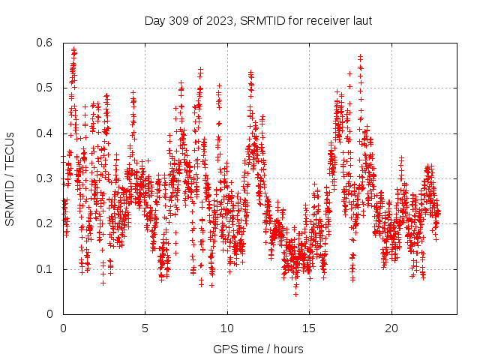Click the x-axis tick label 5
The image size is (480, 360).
pyautogui.click(x=145, y=328)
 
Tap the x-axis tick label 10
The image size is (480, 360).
pyautogui.click(x=226, y=328)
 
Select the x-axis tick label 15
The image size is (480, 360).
pyautogui.click(x=308, y=328)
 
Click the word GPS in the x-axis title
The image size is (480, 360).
pyautogui.click(x=224, y=349)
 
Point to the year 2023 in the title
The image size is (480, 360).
pyautogui.click(x=216, y=20)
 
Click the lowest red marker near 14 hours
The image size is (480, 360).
pyautogui.click(x=295, y=294)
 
